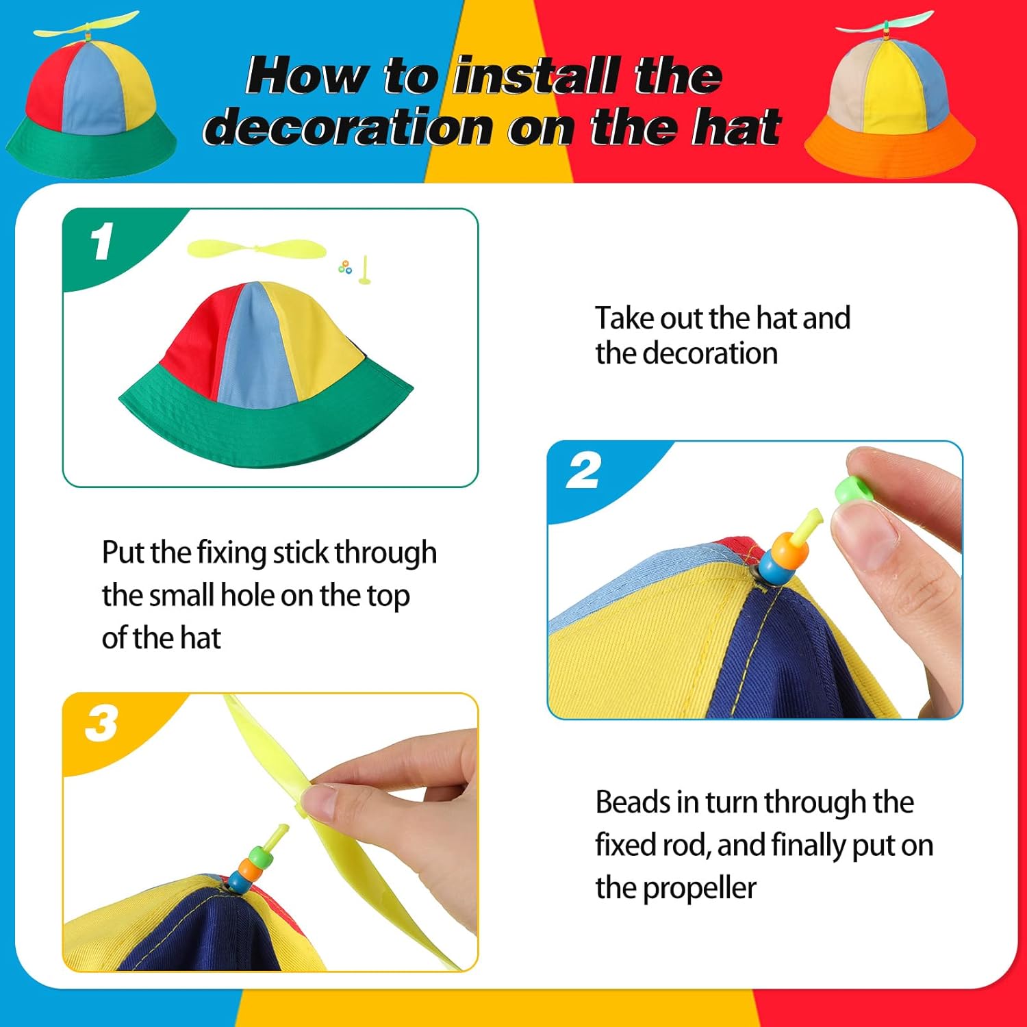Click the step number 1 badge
(102, 242)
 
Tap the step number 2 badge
(584, 470)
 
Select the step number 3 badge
(101, 724)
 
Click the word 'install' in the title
(537, 75)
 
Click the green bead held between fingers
(852, 491)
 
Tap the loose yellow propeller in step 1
(253, 249)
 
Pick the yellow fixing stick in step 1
(365, 270)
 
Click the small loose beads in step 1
(345, 267)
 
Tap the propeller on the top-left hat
(86, 26)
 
